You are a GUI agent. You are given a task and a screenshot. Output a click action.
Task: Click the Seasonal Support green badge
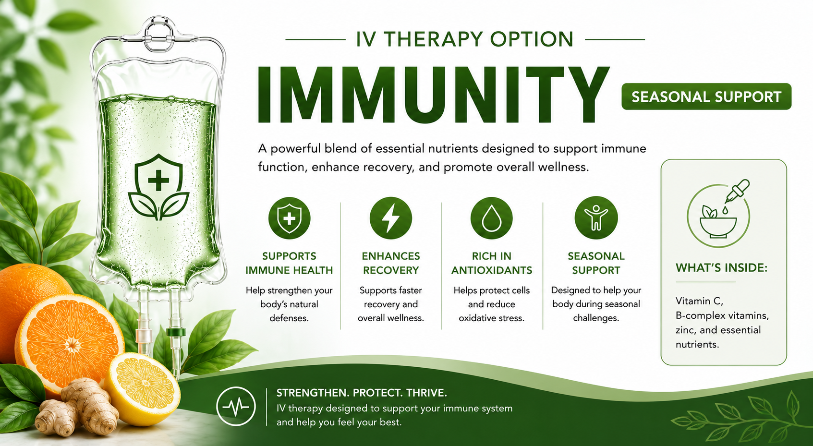706,96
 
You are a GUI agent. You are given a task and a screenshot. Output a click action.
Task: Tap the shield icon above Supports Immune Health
289,218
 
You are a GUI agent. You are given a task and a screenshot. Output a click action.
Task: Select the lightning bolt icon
390,218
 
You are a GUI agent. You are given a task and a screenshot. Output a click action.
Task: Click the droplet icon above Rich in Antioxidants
491,218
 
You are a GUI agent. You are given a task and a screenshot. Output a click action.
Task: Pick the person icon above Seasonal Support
596,218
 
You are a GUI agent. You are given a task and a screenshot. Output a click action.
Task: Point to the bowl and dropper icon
718,214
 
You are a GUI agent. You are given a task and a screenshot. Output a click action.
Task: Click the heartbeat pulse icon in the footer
236,407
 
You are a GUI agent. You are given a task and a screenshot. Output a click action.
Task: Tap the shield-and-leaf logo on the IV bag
158,187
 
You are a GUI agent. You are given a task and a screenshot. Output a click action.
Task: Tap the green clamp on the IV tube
176,332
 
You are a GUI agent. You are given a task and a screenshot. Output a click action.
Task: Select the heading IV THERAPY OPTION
465,39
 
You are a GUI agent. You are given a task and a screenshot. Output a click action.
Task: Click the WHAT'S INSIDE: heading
722,268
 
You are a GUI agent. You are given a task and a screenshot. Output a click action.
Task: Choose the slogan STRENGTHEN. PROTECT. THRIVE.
362,393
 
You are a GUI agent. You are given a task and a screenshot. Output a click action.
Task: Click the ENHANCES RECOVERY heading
391,263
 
